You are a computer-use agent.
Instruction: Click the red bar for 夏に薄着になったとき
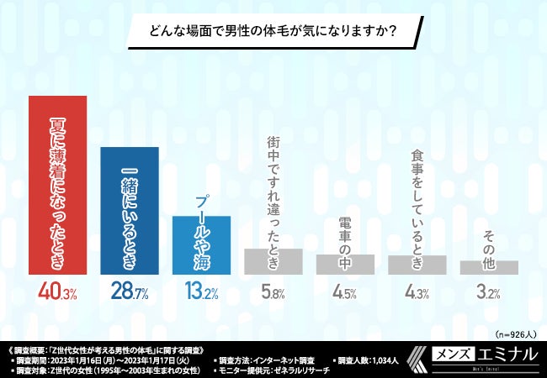[57, 184]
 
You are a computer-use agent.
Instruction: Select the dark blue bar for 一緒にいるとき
[129, 210]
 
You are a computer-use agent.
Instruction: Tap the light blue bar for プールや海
[200, 244]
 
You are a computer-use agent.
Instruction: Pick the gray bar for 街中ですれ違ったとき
[273, 261]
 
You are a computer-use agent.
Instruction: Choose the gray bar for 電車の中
[345, 264]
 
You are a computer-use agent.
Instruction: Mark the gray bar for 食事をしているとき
[417, 265]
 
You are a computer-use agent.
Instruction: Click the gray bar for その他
[488, 267]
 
